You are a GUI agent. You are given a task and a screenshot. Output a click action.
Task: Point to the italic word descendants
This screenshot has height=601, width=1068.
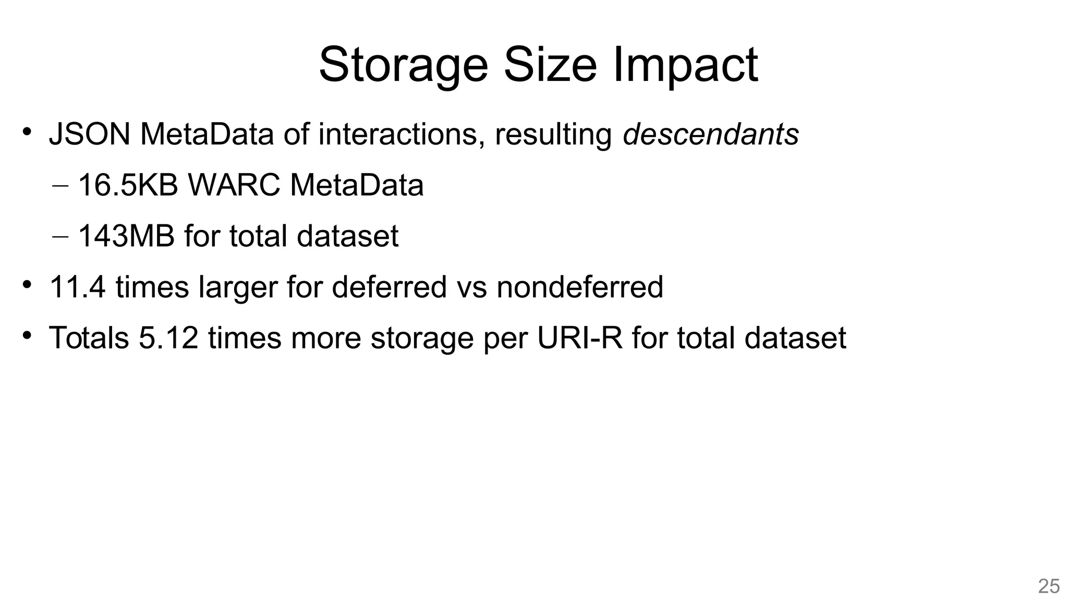(711, 134)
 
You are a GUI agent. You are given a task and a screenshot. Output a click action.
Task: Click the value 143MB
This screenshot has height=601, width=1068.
(126, 236)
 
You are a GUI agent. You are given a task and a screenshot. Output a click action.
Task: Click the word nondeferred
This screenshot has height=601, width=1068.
(580, 287)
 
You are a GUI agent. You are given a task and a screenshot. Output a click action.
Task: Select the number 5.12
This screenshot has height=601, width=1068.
(168, 338)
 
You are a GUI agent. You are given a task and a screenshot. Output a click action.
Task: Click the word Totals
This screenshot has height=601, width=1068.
(89, 338)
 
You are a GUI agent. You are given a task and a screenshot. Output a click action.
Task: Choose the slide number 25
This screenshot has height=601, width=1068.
(1049, 586)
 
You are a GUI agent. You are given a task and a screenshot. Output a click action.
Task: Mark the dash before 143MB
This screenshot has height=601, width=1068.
(60, 236)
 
